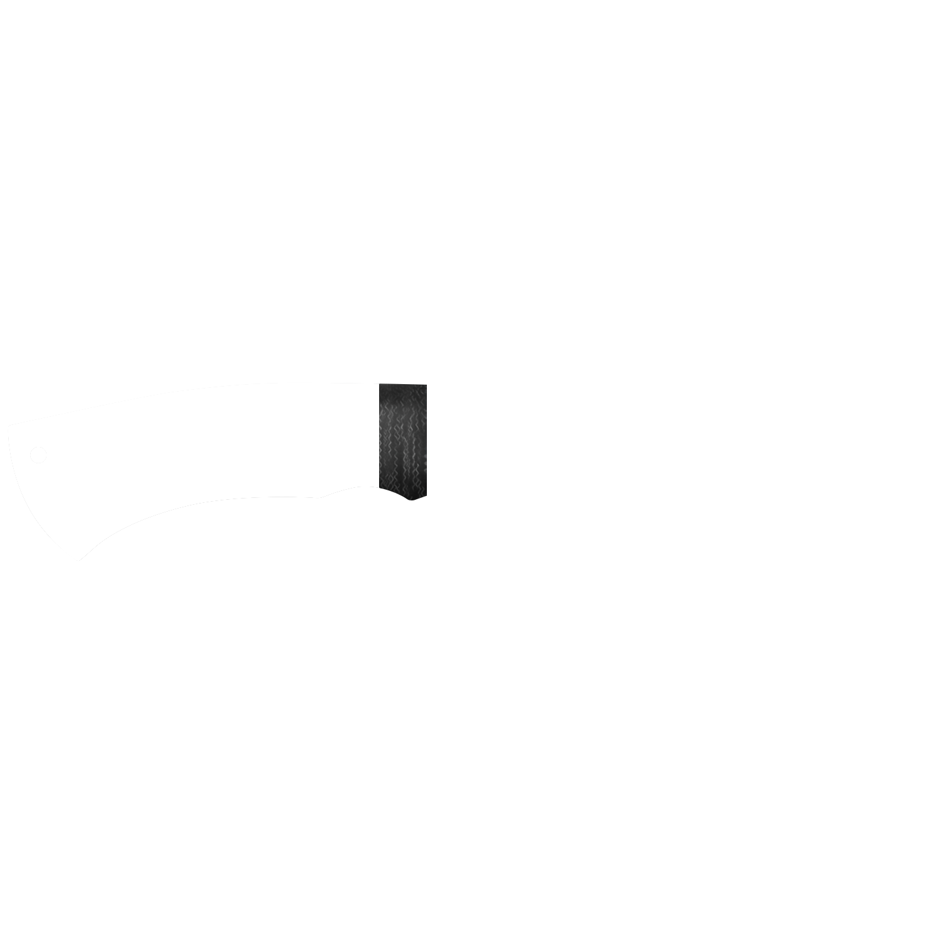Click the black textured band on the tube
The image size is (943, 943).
tap(402, 440)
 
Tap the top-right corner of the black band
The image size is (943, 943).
tap(426, 384)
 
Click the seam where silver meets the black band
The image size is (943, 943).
tap(378, 440)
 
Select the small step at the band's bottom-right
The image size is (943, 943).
tap(424, 500)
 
